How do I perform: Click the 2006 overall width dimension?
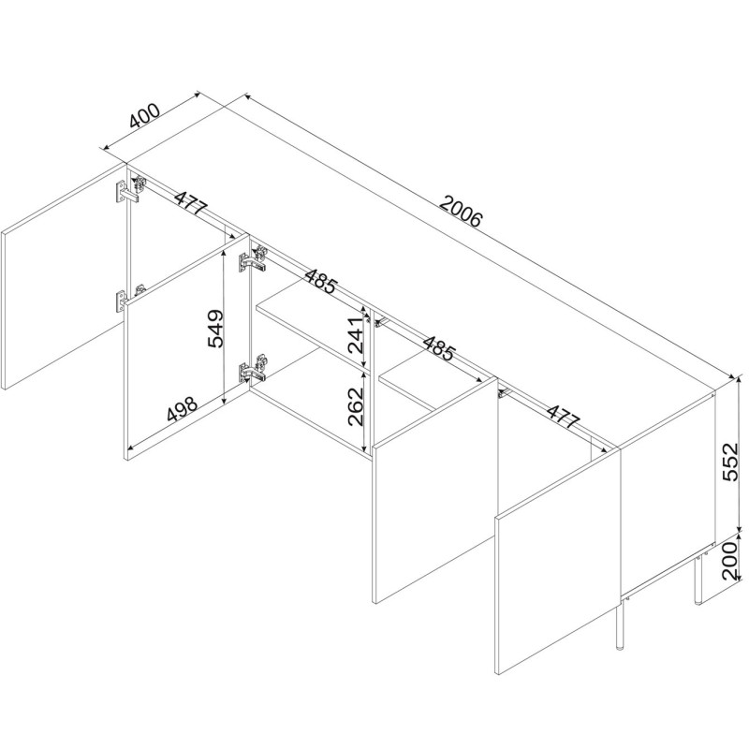click(461, 211)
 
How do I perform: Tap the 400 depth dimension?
click(145, 116)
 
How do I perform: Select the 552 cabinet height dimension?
click(729, 462)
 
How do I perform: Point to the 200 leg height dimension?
click(729, 560)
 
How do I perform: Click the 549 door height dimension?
click(215, 329)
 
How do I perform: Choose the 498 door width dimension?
click(182, 409)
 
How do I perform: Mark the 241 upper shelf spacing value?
click(357, 334)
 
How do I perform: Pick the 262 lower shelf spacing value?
click(357, 406)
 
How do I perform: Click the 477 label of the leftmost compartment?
click(191, 203)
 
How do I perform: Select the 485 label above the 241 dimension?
click(321, 281)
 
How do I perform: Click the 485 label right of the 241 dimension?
click(438, 347)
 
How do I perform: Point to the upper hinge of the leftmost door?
click(130, 190)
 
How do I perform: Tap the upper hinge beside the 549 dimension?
click(252, 259)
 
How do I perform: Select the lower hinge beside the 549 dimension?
click(252, 368)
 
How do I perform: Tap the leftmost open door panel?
click(64, 276)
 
